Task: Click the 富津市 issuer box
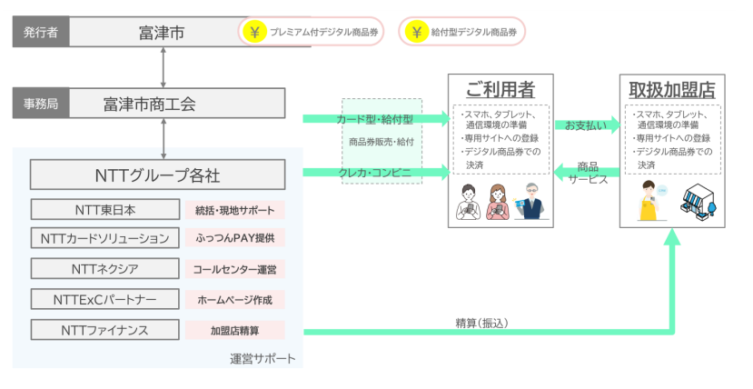pyautogui.click(x=162, y=34)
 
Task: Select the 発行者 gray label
pyautogui.click(x=40, y=34)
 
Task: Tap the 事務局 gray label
pyautogui.click(x=40, y=104)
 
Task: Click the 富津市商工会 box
pyautogui.click(x=162, y=104)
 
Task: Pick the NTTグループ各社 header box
pyautogui.click(x=157, y=174)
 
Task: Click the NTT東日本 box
pyautogui.click(x=106, y=209)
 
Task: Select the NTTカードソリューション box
pyautogui.click(x=106, y=239)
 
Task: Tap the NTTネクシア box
pyautogui.click(x=106, y=269)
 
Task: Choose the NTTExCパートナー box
pyautogui.click(x=106, y=299)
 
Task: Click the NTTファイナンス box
pyautogui.click(x=106, y=329)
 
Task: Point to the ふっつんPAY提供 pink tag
pyautogui.click(x=234, y=239)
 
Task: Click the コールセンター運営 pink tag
pyautogui.click(x=234, y=269)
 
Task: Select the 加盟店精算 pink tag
pyautogui.click(x=234, y=329)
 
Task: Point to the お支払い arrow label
pyautogui.click(x=586, y=125)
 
